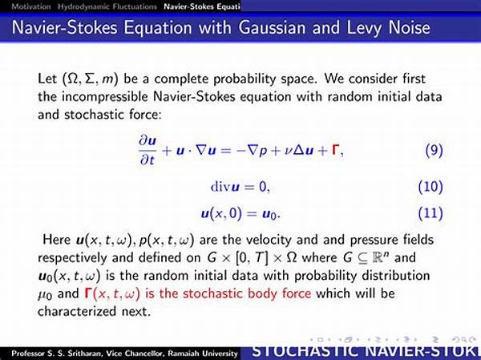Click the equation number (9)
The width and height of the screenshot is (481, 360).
[434, 151]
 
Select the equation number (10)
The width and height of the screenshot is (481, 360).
[430, 187]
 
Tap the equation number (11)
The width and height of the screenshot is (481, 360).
[430, 213]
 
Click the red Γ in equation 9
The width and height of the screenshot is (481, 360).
[336, 150]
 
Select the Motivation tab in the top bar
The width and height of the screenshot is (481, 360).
[31, 6]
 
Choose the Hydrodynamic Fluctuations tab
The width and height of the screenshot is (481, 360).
[107, 6]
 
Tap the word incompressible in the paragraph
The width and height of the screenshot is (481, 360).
[105, 97]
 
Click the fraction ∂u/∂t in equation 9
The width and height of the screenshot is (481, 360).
[148, 151]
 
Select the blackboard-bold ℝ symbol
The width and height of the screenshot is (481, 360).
[378, 257]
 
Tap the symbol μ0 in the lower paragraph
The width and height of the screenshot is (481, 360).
[45, 294]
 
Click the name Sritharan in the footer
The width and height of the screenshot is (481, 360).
[84, 354]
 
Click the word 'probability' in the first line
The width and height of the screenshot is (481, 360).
[245, 79]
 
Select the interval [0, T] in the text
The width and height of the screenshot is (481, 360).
[252, 258]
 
